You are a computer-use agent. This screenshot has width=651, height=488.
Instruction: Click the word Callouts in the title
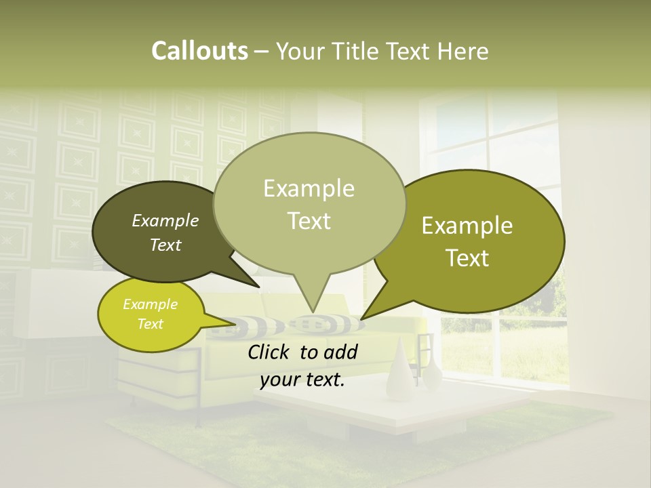199,51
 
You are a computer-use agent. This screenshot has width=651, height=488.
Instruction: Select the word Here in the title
462,51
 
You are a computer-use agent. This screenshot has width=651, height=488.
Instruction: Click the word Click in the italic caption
270,352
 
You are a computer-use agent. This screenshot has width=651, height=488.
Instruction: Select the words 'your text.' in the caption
302,380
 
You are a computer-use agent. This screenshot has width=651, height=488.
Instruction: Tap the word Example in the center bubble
309,188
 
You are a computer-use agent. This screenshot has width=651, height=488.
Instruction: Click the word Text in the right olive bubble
467,258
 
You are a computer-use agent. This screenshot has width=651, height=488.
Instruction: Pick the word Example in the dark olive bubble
165,220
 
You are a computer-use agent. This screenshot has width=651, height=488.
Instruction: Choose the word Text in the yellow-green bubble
151,324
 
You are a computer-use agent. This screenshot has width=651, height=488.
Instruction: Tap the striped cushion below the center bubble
325,324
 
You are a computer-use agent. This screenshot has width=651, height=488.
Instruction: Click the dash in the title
262,51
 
